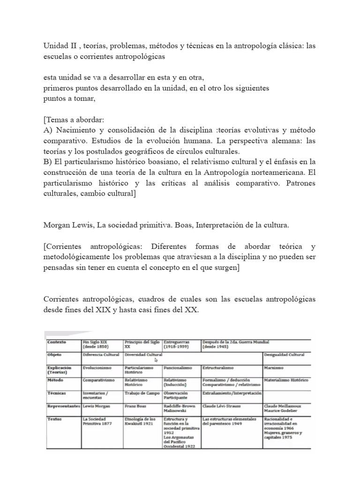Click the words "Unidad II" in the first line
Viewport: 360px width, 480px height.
pos(57,47)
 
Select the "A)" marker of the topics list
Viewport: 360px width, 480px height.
pos(48,130)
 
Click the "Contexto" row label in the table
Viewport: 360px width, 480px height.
pos(57,342)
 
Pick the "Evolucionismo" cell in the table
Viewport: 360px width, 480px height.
pos(98,368)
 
